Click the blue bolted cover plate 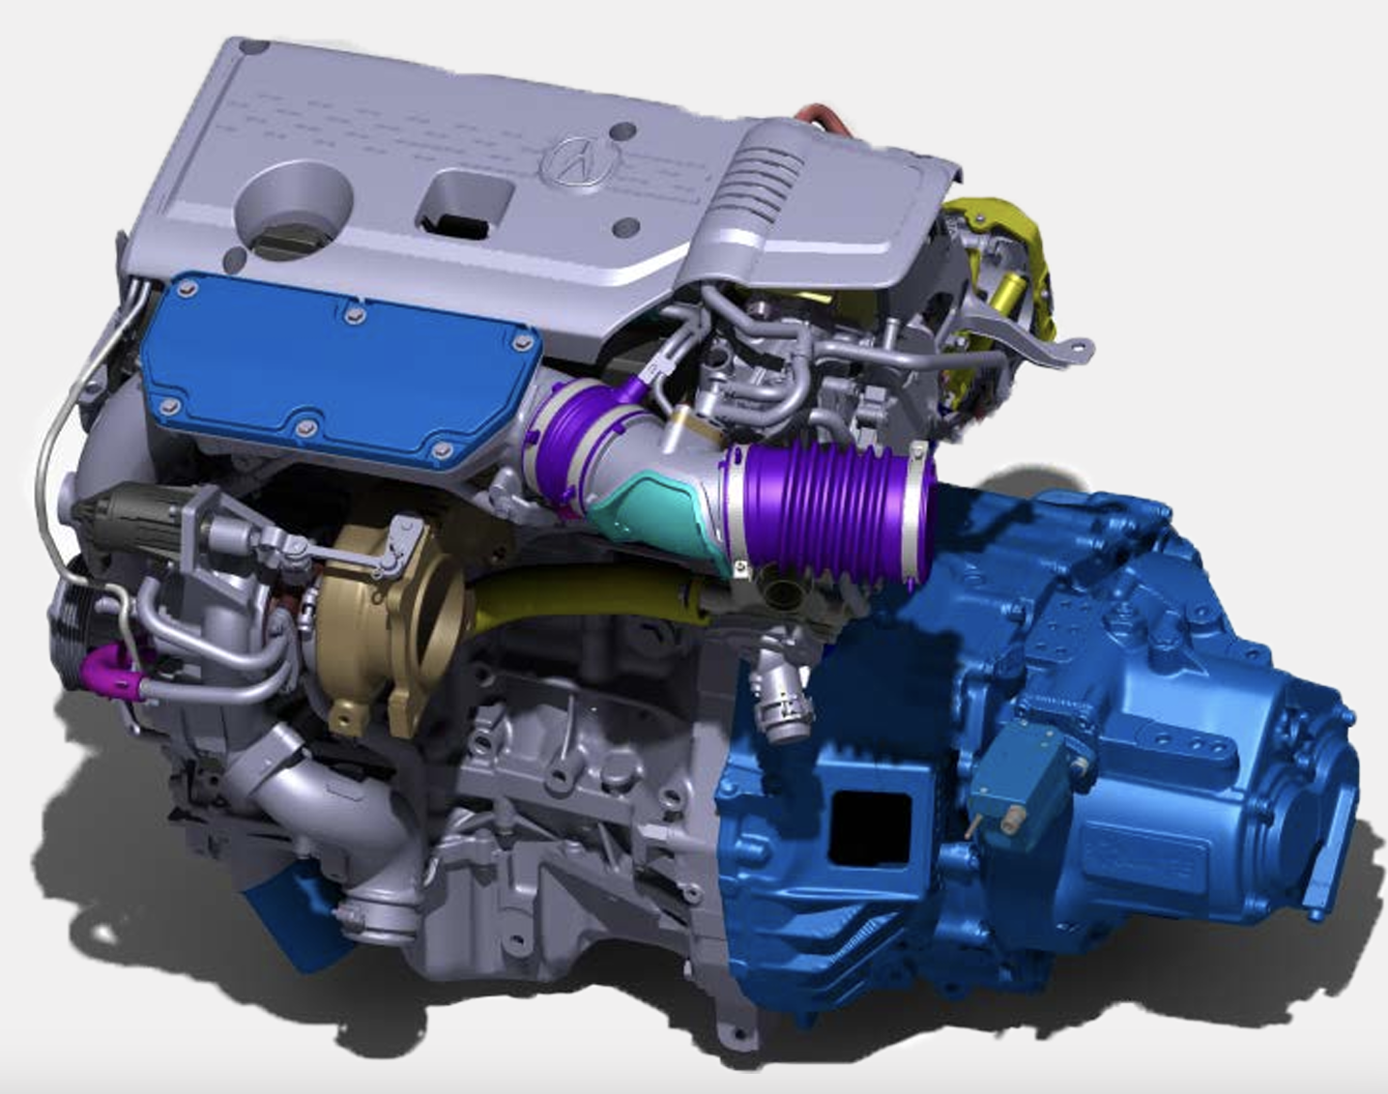click(x=338, y=367)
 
